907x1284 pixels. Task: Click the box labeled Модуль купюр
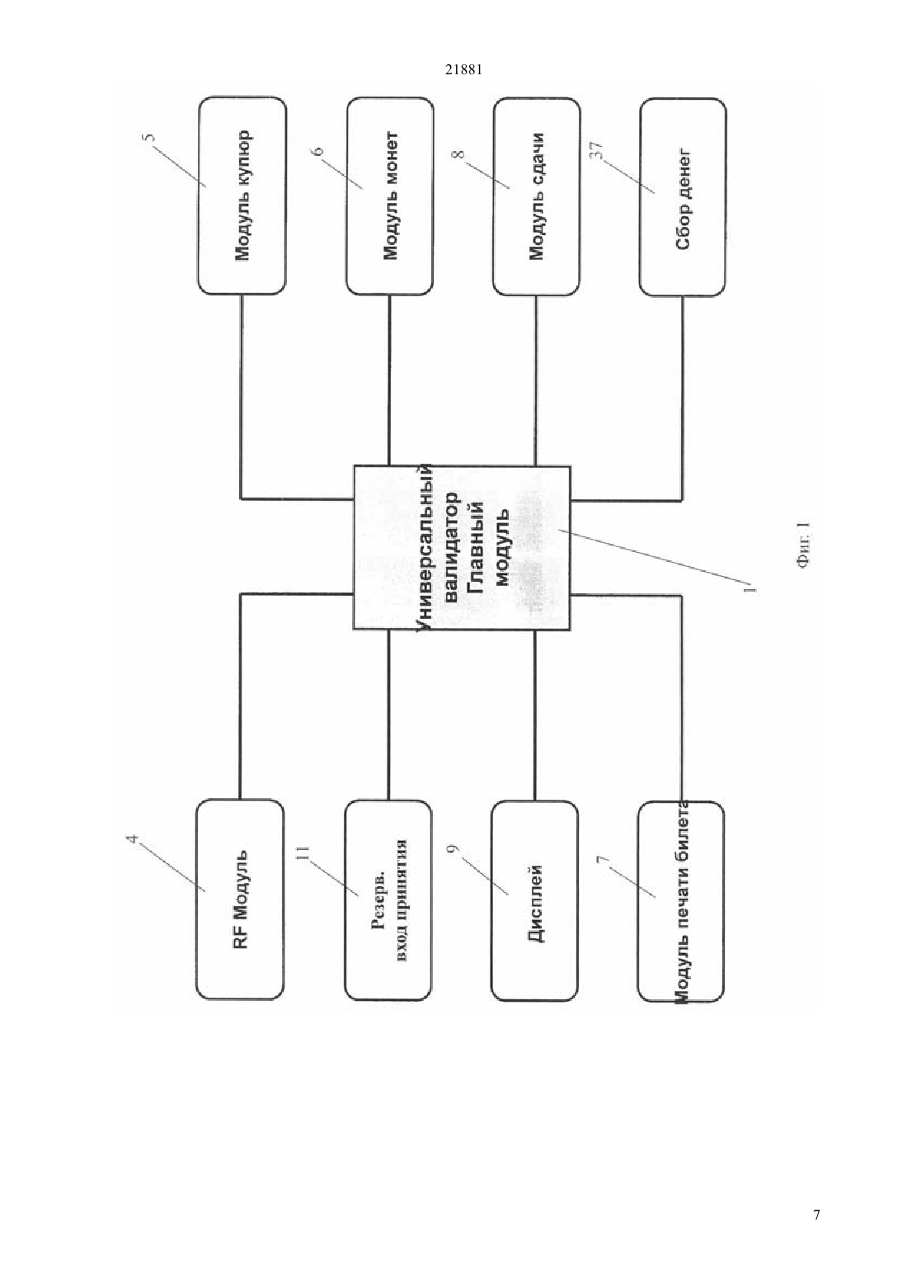(242, 196)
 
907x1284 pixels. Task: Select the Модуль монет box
(389, 196)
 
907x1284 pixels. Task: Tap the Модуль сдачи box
(536, 196)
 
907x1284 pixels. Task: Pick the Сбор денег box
(683, 196)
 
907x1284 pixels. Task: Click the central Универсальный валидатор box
(462, 548)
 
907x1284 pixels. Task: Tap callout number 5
(153, 139)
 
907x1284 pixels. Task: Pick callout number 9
(456, 848)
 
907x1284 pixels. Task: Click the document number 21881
(463, 70)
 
